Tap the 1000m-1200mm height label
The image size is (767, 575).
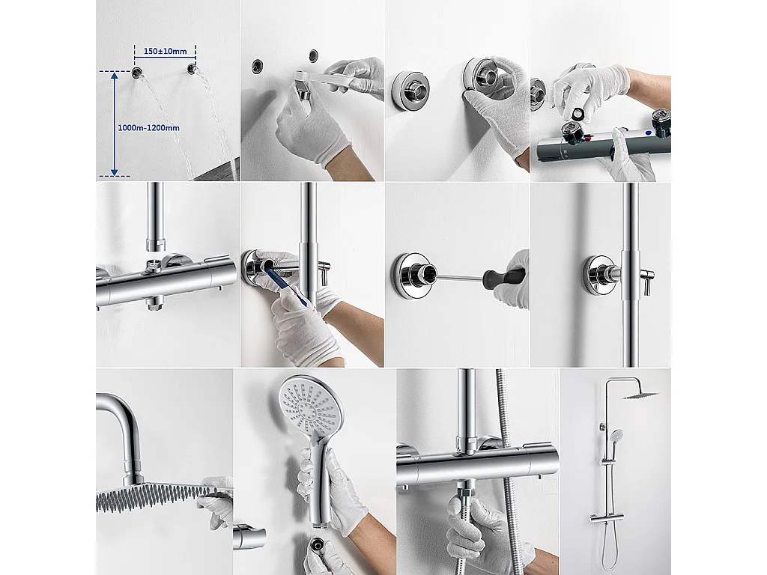click(x=149, y=128)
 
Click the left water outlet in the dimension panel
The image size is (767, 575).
click(x=138, y=72)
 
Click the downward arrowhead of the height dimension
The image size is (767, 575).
click(x=114, y=171)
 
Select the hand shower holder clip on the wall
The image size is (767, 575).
click(x=247, y=537)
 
